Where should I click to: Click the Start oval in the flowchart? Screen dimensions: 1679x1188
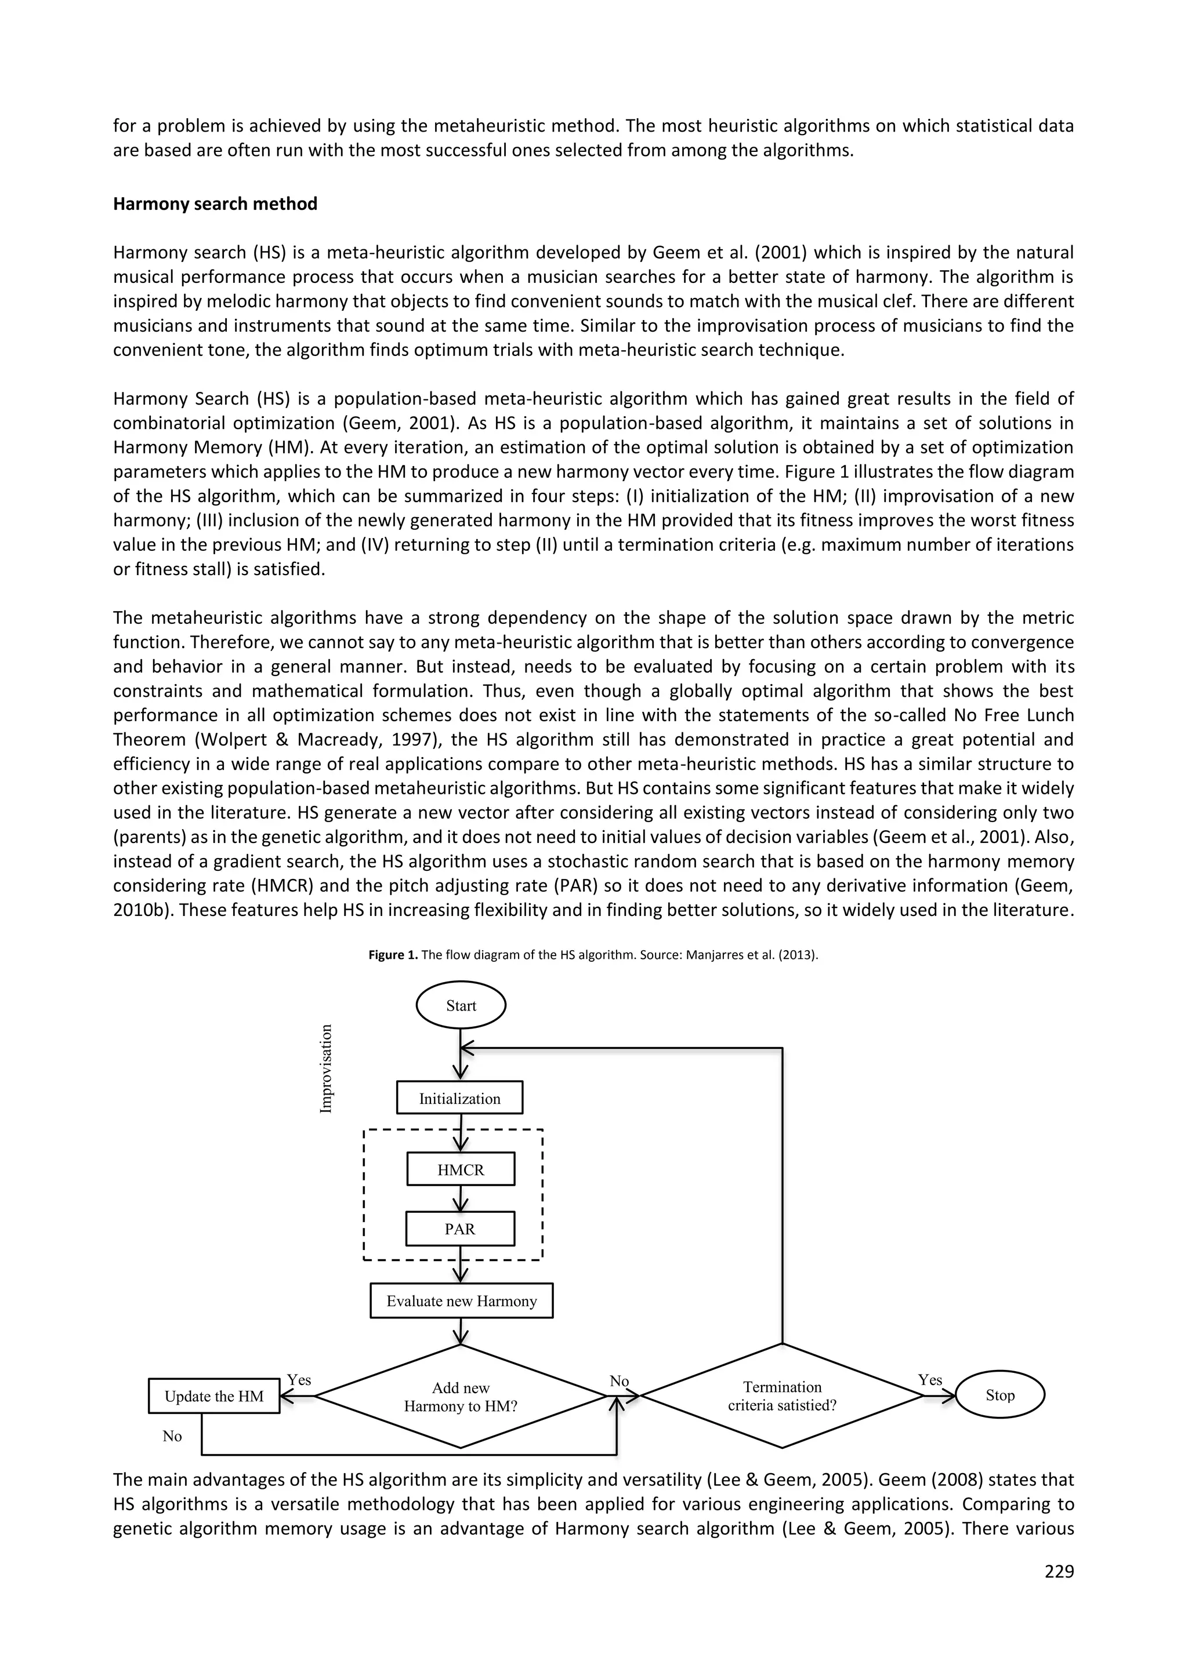pyautogui.click(x=461, y=1005)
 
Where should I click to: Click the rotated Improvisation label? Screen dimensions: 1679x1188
pyautogui.click(x=325, y=1069)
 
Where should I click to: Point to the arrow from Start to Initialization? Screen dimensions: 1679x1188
pyautogui.click(x=460, y=1054)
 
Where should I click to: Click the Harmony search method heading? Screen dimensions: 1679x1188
pyautogui.click(x=215, y=204)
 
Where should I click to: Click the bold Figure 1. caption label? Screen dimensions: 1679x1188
pyautogui.click(x=393, y=955)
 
